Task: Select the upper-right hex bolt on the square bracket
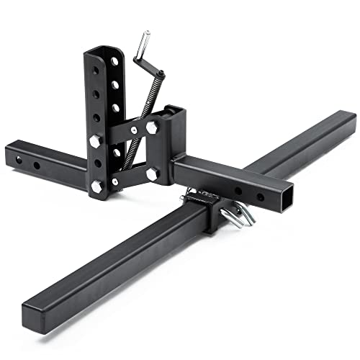pyautogui.click(x=152, y=128)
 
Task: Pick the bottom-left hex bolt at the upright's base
pyautogui.click(x=96, y=186)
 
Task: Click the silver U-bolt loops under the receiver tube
pyautogui.click(x=238, y=214)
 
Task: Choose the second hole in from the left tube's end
pyautogui.click(x=37, y=166)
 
